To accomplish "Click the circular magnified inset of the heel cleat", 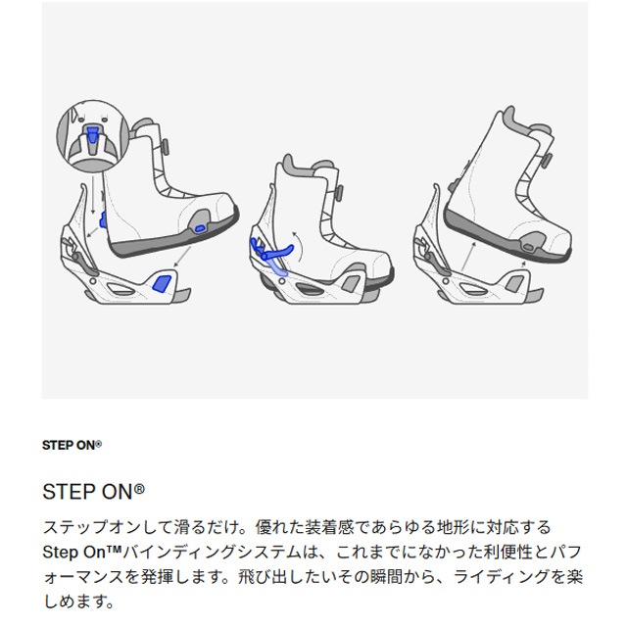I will click(x=92, y=137).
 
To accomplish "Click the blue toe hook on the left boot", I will click(x=202, y=227).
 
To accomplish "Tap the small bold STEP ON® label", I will click(x=72, y=444).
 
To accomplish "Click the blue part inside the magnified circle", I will click(x=93, y=134).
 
